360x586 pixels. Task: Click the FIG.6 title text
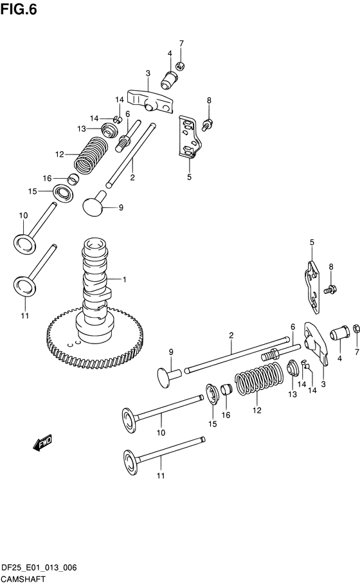point(19,9)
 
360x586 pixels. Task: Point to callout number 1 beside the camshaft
point(124,280)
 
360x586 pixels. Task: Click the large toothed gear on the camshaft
point(96,338)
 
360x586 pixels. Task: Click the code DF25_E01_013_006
point(39,568)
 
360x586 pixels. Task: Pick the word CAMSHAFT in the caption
point(22,580)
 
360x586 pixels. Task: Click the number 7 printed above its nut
point(181,43)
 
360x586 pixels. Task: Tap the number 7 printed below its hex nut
point(357,352)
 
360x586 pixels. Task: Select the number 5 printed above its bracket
point(312,243)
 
